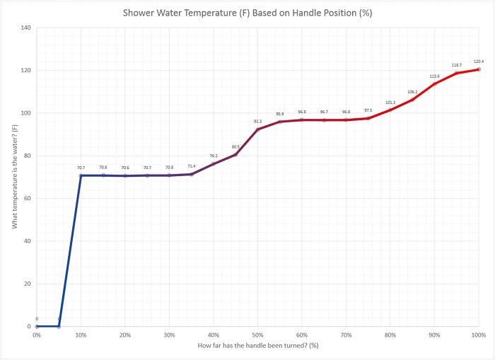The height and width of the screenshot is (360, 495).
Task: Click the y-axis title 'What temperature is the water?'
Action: point(15,177)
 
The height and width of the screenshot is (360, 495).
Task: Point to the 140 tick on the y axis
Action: point(26,28)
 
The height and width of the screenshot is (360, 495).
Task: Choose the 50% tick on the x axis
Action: point(257,335)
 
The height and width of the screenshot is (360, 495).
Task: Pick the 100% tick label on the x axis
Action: point(478,335)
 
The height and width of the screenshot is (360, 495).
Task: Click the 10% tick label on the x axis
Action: point(81,335)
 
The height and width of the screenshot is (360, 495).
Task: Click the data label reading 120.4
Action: point(478,61)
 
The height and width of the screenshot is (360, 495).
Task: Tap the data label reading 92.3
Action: point(258,121)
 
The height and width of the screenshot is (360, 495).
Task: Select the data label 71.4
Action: point(192,166)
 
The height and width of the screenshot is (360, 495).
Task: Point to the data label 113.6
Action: point(434,76)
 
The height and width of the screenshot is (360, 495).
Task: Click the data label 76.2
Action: point(214,156)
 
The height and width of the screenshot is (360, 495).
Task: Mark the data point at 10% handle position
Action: point(81,175)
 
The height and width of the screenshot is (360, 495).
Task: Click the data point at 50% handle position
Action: point(258,129)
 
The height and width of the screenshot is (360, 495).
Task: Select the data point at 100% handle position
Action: point(478,69)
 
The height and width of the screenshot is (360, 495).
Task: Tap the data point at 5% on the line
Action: point(59,326)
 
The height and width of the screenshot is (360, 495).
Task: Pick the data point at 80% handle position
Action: point(390,110)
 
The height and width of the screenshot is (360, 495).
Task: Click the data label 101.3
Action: point(390,102)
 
